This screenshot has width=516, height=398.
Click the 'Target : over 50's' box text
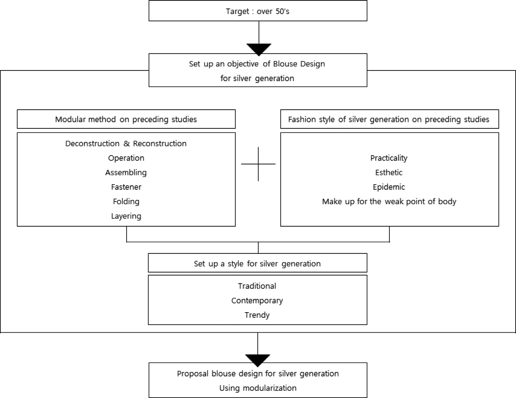click(258, 12)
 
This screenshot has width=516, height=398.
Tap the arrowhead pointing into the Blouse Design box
click(259, 49)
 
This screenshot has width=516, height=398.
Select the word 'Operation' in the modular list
click(126, 158)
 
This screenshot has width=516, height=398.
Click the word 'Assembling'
click(126, 172)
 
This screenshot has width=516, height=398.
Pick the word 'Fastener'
click(126, 187)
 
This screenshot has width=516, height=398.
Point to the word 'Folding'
click(126, 201)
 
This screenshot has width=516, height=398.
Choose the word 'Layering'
click(126, 216)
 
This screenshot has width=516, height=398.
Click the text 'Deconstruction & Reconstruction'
click(126, 143)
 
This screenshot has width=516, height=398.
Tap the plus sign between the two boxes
click(258, 164)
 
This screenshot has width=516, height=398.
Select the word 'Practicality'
click(389, 158)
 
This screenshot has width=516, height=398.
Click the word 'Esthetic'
click(389, 172)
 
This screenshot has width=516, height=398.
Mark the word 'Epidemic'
click(389, 187)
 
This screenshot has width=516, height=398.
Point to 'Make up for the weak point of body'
click(389, 201)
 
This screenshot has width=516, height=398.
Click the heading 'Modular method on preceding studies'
click(126, 119)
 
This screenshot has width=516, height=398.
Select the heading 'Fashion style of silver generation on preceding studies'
click(388, 119)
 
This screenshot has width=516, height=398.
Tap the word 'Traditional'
click(257, 286)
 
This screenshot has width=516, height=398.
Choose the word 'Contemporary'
click(257, 301)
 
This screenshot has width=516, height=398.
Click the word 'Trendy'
click(257, 315)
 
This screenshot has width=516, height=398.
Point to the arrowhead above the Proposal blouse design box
click(258, 360)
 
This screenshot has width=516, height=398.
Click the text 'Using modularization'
click(258, 388)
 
